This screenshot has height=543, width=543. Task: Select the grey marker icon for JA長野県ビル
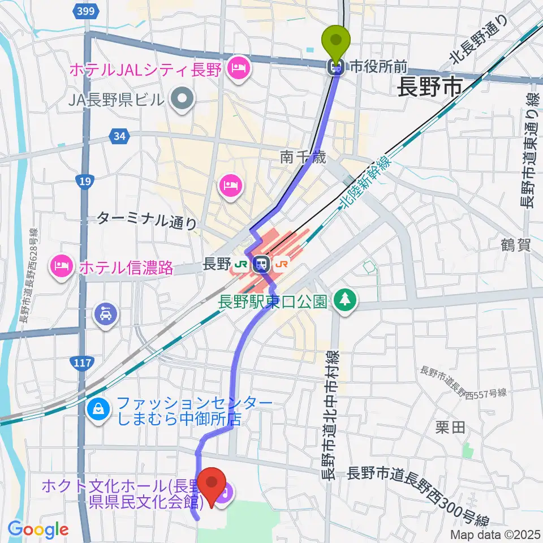(x=182, y=100)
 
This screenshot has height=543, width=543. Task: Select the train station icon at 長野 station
(x=261, y=264)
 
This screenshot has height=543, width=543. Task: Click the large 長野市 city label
(x=430, y=88)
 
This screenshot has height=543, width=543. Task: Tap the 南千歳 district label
(x=303, y=159)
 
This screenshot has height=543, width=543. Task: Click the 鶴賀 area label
(x=515, y=245)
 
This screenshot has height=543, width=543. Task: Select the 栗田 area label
(x=451, y=428)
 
